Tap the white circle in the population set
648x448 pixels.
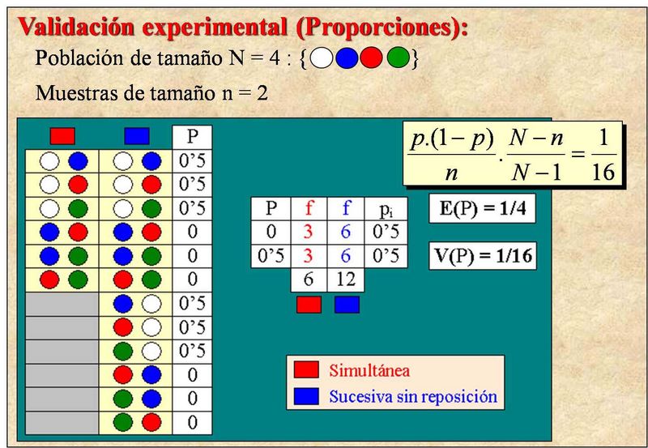click(321, 58)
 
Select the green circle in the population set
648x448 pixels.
click(398, 58)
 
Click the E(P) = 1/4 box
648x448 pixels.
click(482, 208)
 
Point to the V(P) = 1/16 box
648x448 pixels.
click(483, 256)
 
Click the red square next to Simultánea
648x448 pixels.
click(306, 370)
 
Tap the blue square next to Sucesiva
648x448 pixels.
click(306, 396)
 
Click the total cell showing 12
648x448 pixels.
click(346, 279)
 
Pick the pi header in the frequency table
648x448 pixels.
click(386, 209)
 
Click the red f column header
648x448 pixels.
click(309, 209)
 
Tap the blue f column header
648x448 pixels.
click(346, 209)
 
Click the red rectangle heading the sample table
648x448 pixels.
click(62, 136)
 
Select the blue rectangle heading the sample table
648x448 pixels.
click(137, 136)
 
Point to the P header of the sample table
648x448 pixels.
click(192, 137)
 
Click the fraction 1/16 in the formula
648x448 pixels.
click(603, 155)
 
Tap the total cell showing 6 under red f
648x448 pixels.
click(309, 279)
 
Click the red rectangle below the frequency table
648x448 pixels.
click(309, 305)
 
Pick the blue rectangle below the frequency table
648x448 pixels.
click(347, 305)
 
